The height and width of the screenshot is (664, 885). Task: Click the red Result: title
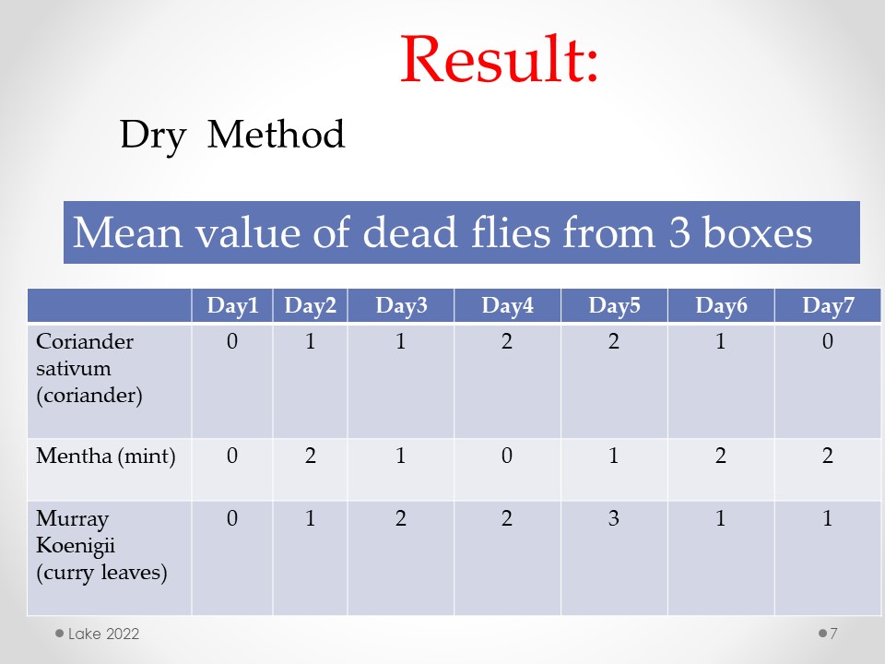tap(499, 59)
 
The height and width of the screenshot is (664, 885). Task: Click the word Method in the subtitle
tap(276, 135)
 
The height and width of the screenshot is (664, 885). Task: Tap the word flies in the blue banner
tap(510, 232)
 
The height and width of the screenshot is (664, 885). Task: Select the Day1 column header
tap(232, 305)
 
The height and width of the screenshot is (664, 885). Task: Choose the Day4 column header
tap(507, 305)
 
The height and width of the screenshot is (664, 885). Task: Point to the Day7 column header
tap(828, 305)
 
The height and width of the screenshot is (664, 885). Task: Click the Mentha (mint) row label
tap(105, 456)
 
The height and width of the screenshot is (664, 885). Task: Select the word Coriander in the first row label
tap(85, 341)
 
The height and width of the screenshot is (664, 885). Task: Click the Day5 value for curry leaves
tap(614, 518)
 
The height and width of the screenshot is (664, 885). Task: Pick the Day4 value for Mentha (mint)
tap(507, 456)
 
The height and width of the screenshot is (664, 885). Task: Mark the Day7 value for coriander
tap(828, 341)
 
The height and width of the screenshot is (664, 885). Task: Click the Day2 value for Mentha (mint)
tap(311, 456)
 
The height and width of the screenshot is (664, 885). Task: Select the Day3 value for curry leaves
tap(400, 518)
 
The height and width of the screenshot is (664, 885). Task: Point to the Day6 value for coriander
tap(720, 341)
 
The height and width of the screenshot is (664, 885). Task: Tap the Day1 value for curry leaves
tap(232, 518)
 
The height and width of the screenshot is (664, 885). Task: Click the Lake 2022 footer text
tap(103, 634)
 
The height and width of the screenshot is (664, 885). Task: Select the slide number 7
tap(833, 634)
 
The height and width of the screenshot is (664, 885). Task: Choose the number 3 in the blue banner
tap(679, 232)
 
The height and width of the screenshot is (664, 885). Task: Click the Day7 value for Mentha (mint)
tap(828, 456)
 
